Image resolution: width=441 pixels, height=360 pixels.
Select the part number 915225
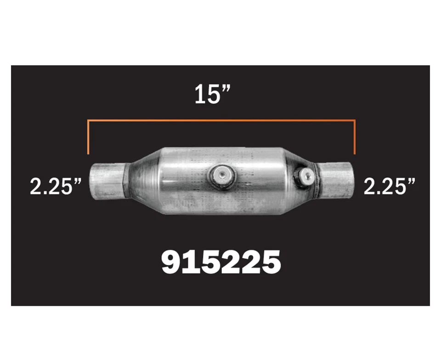click(x=220, y=262)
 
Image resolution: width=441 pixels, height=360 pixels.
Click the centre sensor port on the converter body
click(x=222, y=174)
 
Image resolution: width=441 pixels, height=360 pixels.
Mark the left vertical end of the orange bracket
click(x=88, y=138)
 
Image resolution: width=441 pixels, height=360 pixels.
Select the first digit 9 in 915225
click(x=171, y=262)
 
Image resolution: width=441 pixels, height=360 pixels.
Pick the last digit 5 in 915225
click(x=270, y=262)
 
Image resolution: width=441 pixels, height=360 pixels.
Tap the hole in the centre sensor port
click(x=222, y=174)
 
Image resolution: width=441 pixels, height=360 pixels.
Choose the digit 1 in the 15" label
click(x=199, y=95)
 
